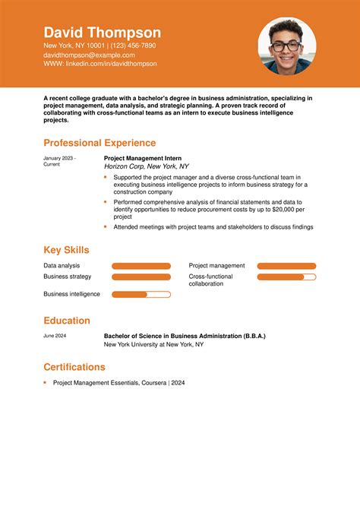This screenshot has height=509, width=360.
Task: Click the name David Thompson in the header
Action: tap(102, 33)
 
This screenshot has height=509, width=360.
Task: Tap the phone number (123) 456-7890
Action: tap(133, 46)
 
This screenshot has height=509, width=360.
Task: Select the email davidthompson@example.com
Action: tap(89, 55)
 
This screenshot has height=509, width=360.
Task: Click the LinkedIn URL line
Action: tap(99, 64)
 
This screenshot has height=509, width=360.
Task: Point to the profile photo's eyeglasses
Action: tap(286, 46)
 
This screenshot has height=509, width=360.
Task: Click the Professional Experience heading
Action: tap(99, 143)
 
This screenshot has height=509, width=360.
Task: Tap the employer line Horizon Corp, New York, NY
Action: tap(146, 166)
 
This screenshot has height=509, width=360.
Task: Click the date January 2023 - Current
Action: tap(59, 161)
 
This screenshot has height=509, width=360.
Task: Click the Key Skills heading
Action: tap(66, 250)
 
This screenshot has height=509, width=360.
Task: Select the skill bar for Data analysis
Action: tap(141, 266)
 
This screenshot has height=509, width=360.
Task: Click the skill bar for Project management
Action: tap(286, 266)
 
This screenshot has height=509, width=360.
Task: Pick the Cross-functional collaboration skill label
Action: tap(211, 280)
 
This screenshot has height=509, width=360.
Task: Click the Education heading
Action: tap(67, 321)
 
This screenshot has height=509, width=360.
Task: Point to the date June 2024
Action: tap(55, 336)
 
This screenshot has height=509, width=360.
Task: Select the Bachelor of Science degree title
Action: tap(185, 336)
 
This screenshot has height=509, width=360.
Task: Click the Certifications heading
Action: tap(74, 367)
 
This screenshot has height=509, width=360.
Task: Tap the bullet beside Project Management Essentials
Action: tap(46, 383)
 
